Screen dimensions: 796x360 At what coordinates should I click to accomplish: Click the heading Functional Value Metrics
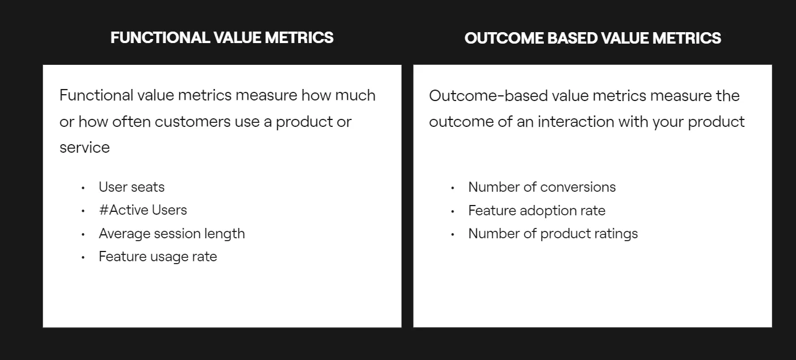pos(222,38)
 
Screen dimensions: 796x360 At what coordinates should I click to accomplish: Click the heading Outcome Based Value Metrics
pos(593,38)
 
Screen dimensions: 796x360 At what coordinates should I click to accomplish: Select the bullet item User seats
pos(132,187)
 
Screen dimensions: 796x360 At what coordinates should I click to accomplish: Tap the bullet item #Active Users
pos(143,210)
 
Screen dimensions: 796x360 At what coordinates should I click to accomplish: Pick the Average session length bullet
pos(172,234)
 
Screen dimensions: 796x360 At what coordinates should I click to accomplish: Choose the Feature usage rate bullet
pos(158,257)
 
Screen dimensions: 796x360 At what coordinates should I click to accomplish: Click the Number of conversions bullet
pos(542,187)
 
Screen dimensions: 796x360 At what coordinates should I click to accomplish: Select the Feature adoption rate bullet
pos(536,210)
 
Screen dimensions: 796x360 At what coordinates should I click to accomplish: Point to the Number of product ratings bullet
pos(553,234)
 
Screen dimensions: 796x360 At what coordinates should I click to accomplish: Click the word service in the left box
pos(84,148)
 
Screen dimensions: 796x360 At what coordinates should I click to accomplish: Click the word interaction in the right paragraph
pos(575,122)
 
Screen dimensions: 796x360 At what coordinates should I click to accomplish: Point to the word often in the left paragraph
pos(132,122)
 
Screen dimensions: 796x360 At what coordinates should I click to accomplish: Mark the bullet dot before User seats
pos(83,188)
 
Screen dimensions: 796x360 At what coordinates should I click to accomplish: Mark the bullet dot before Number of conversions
pos(453,188)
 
